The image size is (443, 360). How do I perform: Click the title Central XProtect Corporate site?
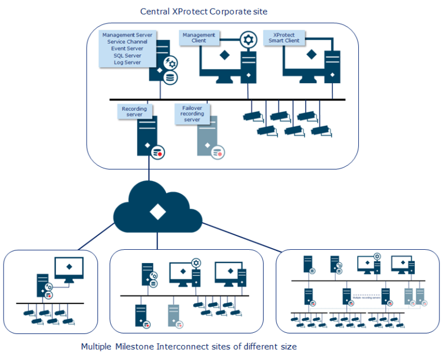[204, 12]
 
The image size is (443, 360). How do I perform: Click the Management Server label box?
[127, 49]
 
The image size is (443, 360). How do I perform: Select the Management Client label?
[199, 37]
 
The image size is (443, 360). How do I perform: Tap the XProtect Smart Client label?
[284, 37]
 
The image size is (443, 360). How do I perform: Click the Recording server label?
[134, 111]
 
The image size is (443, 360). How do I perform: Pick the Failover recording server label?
[192, 113]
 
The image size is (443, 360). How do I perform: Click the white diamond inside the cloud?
[155, 211]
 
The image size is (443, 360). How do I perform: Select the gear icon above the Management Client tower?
[248, 40]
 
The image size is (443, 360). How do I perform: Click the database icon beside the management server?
[170, 77]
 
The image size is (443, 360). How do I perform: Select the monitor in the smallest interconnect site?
[69, 268]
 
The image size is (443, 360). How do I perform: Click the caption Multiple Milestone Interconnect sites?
[189, 347]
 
